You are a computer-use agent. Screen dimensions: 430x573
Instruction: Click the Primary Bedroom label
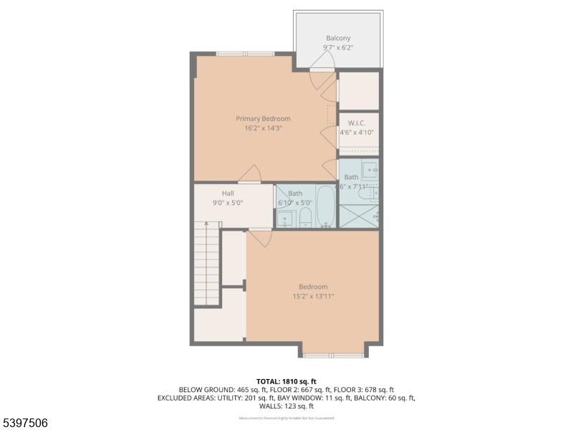(x=263, y=118)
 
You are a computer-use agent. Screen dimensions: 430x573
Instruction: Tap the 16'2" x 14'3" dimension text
(x=263, y=128)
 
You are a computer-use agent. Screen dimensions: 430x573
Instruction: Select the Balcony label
(x=338, y=38)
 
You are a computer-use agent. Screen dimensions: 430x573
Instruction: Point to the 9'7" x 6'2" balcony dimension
(x=338, y=48)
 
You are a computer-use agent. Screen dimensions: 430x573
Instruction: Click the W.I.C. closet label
(x=357, y=123)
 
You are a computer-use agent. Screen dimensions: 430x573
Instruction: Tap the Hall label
(x=228, y=193)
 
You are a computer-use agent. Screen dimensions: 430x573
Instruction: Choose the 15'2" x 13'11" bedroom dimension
(x=313, y=296)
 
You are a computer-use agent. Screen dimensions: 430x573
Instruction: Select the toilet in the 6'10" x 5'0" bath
(x=306, y=217)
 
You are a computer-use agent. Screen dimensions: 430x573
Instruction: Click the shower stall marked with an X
(x=358, y=216)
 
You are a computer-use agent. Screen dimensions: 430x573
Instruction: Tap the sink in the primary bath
(x=370, y=170)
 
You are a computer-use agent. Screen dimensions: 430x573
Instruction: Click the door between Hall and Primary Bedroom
(x=249, y=175)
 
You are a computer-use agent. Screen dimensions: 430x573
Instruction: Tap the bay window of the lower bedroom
(x=333, y=354)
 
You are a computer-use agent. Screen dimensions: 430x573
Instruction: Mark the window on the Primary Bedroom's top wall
(x=245, y=54)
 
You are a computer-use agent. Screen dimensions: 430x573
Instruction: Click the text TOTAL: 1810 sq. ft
(x=286, y=381)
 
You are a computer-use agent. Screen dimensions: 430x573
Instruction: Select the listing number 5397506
(x=25, y=423)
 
